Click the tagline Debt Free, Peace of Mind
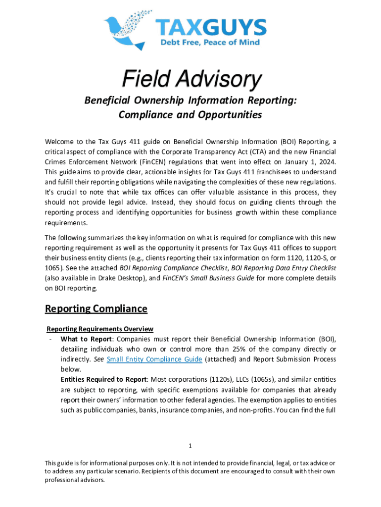tap(209, 42)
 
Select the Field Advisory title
tap(190, 79)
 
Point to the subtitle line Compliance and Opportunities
tap(190, 115)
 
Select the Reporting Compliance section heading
tap(96, 309)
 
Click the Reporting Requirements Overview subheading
tap(99, 329)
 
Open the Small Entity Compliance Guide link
tap(154, 359)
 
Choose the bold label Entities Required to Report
tap(103, 380)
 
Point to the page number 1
tap(190, 446)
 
